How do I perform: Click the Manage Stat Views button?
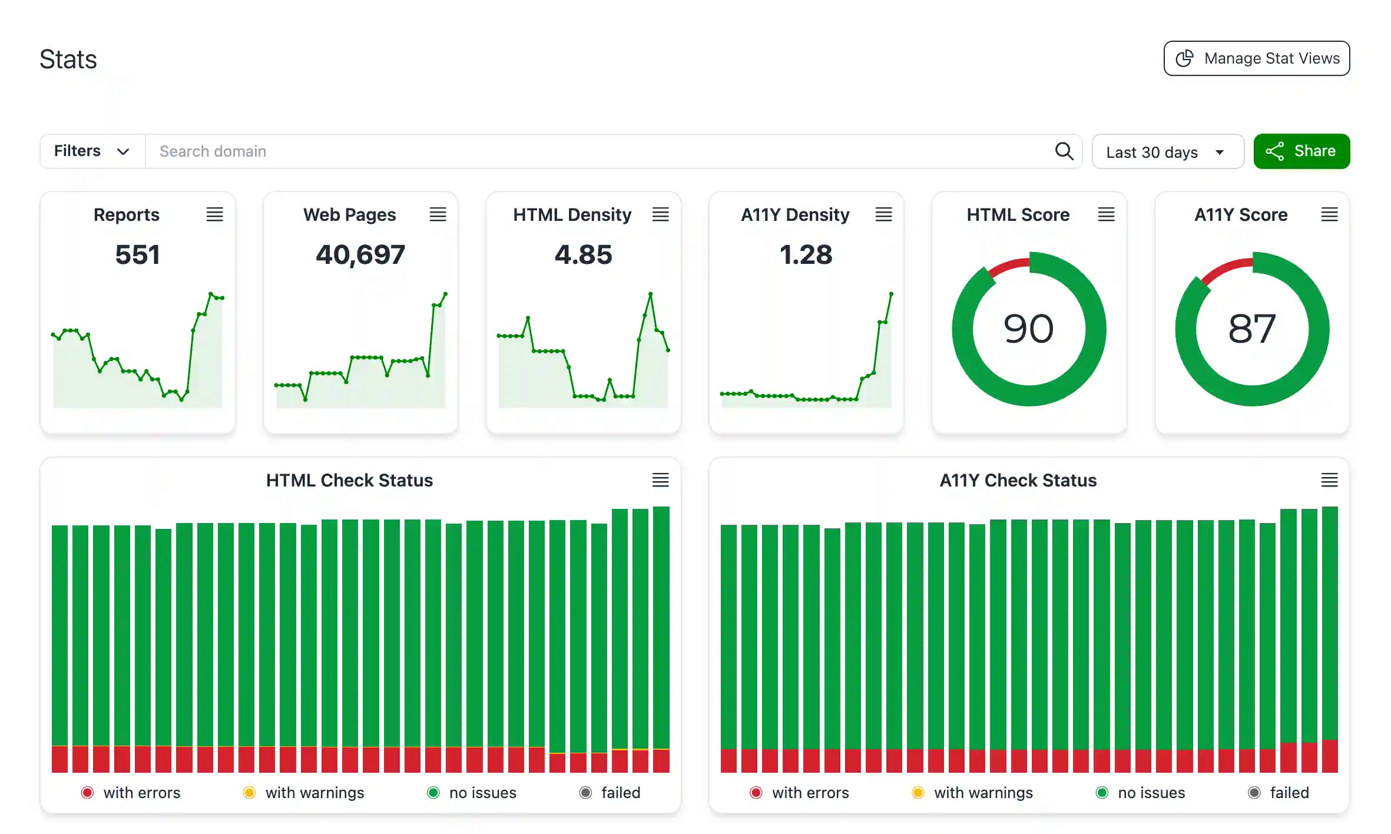pyautogui.click(x=1256, y=58)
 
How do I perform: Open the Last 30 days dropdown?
pyautogui.click(x=1167, y=152)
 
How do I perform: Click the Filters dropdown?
pyautogui.click(x=92, y=151)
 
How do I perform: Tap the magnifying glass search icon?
pyautogui.click(x=1064, y=151)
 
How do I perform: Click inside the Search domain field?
pyautogui.click(x=589, y=151)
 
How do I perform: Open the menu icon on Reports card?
pyautogui.click(x=214, y=214)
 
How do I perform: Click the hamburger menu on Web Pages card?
pyautogui.click(x=438, y=214)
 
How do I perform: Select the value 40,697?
pyautogui.click(x=360, y=254)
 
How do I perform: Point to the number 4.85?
pyautogui.click(x=583, y=254)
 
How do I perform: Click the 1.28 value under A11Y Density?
pyautogui.click(x=806, y=254)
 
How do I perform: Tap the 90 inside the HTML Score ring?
pyautogui.click(x=1028, y=329)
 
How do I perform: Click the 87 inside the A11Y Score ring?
pyautogui.click(x=1251, y=329)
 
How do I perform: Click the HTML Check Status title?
pyautogui.click(x=349, y=480)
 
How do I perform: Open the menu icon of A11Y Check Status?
pyautogui.click(x=1329, y=480)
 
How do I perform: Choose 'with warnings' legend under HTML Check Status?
pyautogui.click(x=314, y=793)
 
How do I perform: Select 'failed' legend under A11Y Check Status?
pyautogui.click(x=1289, y=793)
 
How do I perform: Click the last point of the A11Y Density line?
pyautogui.click(x=891, y=293)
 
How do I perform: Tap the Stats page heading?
pyautogui.click(x=68, y=59)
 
